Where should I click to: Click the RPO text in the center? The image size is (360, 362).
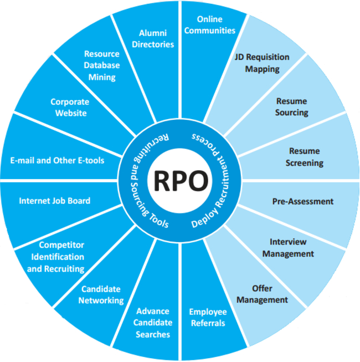181,181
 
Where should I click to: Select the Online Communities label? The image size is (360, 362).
209,25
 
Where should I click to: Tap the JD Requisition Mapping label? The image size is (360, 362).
262,63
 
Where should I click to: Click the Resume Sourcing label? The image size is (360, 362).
292,107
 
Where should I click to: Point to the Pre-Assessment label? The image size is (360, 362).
302,202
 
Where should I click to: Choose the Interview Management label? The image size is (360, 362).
288,248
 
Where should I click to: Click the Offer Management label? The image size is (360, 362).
263,294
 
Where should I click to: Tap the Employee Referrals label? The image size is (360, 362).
208,317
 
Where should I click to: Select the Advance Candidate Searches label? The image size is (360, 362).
153,323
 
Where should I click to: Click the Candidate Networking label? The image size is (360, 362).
102,295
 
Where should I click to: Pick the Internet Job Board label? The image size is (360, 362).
55,200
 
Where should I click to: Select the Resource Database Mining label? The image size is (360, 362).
102,65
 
